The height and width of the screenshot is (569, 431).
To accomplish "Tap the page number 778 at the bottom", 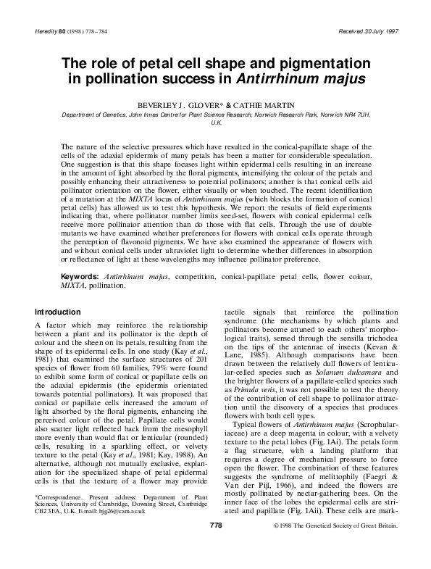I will pos(215,544).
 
